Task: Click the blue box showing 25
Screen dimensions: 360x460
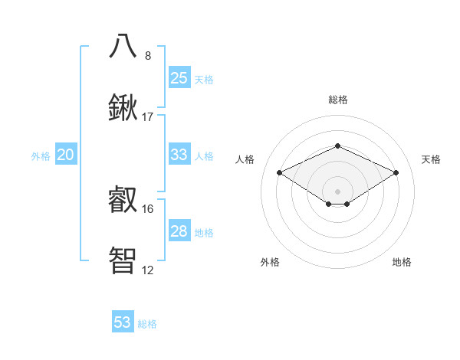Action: (179, 77)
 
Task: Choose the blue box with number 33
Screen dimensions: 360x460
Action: (179, 154)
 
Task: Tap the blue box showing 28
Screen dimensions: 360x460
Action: (179, 231)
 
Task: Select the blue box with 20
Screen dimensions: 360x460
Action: (65, 155)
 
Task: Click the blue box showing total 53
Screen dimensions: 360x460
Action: (123, 322)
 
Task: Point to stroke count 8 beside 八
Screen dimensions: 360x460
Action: (148, 56)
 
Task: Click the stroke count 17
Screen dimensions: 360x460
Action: (148, 117)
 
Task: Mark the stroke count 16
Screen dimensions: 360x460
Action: (148, 208)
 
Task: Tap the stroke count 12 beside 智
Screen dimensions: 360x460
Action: (148, 270)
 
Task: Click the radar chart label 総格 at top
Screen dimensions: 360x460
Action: (337, 100)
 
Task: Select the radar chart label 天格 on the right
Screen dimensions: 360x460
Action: (431, 159)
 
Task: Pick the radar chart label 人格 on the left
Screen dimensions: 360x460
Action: (245, 159)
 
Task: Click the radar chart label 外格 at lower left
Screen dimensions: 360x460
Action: (270, 262)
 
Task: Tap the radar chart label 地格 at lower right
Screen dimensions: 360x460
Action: (402, 262)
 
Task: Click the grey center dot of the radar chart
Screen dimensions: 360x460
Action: (337, 191)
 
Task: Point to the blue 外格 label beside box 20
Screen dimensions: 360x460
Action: (41, 155)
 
